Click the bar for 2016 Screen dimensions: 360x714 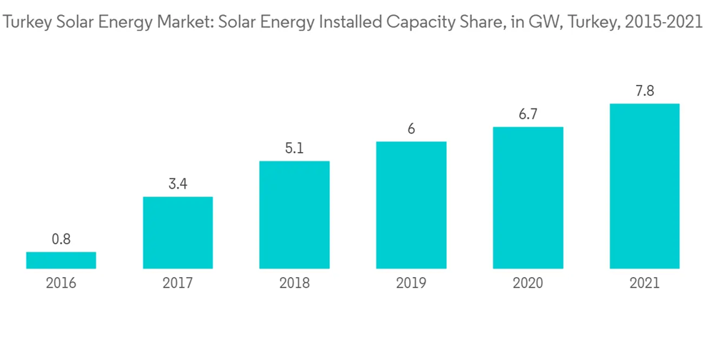tap(61, 260)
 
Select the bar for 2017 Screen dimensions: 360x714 tap(178, 232)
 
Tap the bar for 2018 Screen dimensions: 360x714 tap(294, 214)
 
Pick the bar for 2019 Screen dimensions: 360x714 tap(411, 205)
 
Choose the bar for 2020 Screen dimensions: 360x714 tap(528, 198)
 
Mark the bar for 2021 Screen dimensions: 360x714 tap(644, 186)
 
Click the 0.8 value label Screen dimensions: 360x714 tap(61, 239)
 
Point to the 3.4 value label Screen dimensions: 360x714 tap(178, 184)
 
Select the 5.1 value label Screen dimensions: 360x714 tap(294, 149)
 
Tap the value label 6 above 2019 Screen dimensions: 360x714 tap(411, 129)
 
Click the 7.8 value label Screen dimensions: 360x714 tap(644, 91)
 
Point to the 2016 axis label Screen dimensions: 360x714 tap(61, 283)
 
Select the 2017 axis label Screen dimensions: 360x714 tap(178, 283)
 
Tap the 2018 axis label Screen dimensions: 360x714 tap(294, 283)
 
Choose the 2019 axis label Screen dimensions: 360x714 tap(411, 283)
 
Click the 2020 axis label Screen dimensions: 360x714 tap(528, 283)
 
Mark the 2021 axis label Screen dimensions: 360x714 tap(644, 283)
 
